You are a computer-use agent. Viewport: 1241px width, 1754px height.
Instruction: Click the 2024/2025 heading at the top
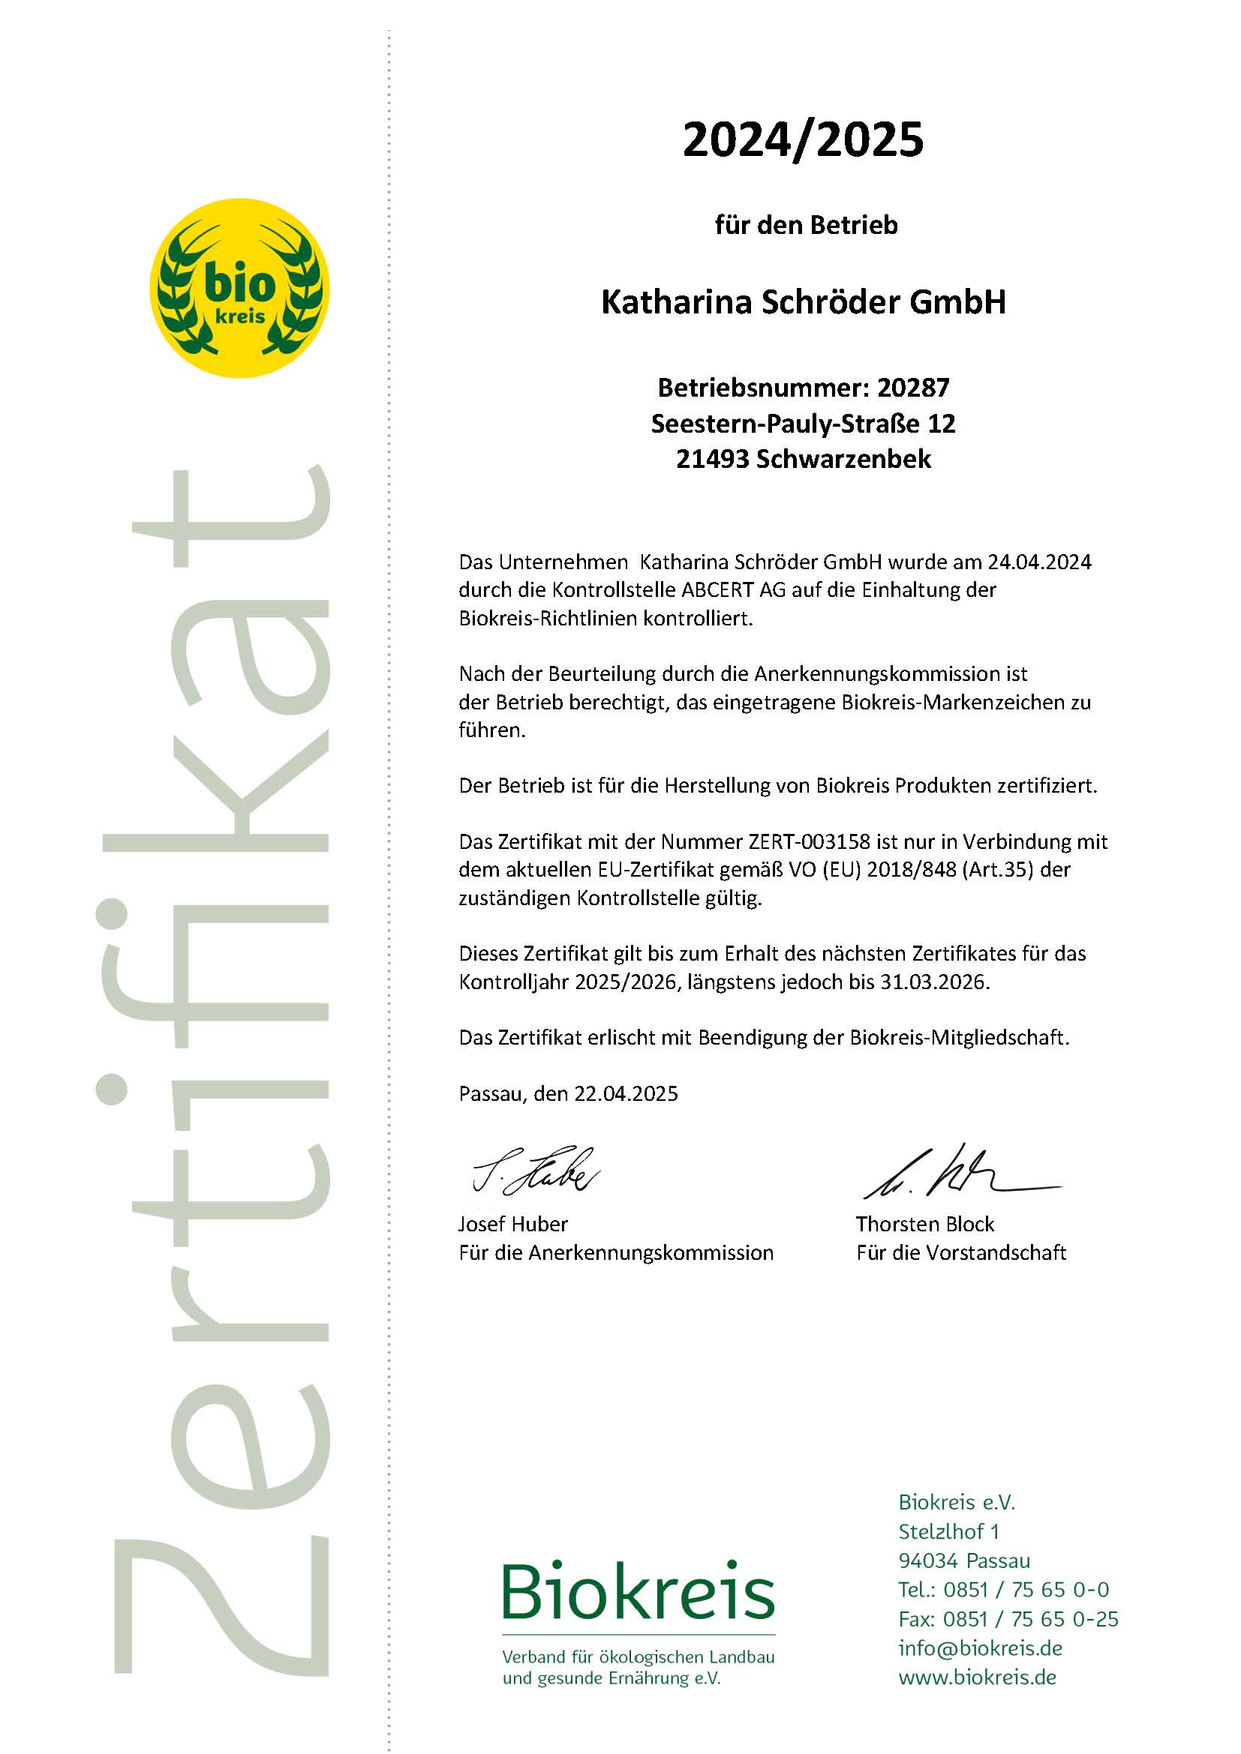pos(802,139)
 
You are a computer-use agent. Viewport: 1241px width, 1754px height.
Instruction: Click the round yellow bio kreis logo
pos(239,288)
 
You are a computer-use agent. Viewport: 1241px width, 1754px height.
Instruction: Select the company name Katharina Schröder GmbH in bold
pos(803,302)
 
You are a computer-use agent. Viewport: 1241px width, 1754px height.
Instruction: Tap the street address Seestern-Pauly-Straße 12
pos(803,424)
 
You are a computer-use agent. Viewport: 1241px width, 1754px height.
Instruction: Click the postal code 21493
pos(712,460)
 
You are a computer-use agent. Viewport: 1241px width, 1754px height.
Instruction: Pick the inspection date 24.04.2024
pos(1039,562)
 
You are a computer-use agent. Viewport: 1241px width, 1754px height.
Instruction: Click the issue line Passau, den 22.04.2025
pos(568,1094)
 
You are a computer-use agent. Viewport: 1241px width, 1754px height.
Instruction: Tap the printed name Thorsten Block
pos(924,1225)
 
